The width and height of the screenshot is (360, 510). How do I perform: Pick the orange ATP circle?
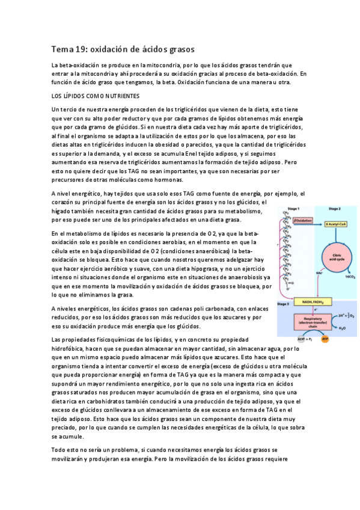[325, 339]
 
